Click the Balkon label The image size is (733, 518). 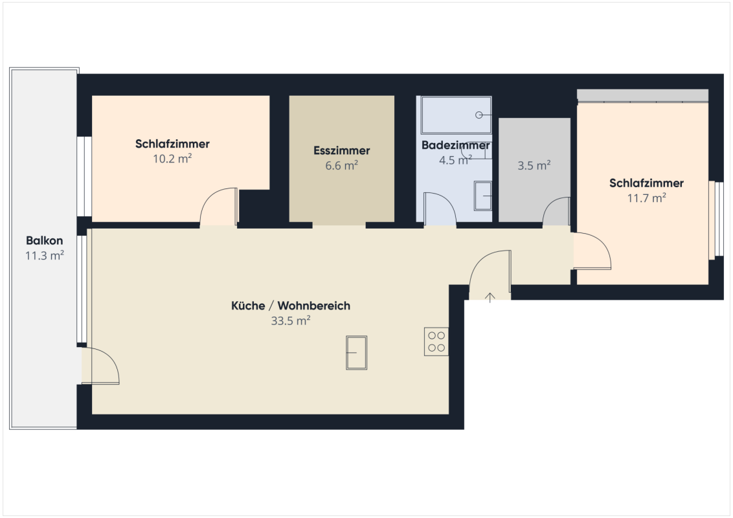click(45, 241)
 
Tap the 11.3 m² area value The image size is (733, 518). click(45, 256)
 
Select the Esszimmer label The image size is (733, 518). click(342, 150)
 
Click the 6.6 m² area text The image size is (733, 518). click(342, 166)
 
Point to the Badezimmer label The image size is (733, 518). click(455, 145)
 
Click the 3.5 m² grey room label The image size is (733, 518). click(534, 166)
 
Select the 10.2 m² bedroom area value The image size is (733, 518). click(172, 159)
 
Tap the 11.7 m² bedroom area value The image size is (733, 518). click(646, 197)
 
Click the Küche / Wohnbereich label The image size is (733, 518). click(291, 306)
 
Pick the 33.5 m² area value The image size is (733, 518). click(291, 321)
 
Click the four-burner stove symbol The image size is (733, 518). click(436, 342)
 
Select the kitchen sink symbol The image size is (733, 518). click(356, 353)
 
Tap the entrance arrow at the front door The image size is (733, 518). click(490, 297)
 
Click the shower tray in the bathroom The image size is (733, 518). click(457, 115)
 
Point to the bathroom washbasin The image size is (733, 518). click(483, 196)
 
